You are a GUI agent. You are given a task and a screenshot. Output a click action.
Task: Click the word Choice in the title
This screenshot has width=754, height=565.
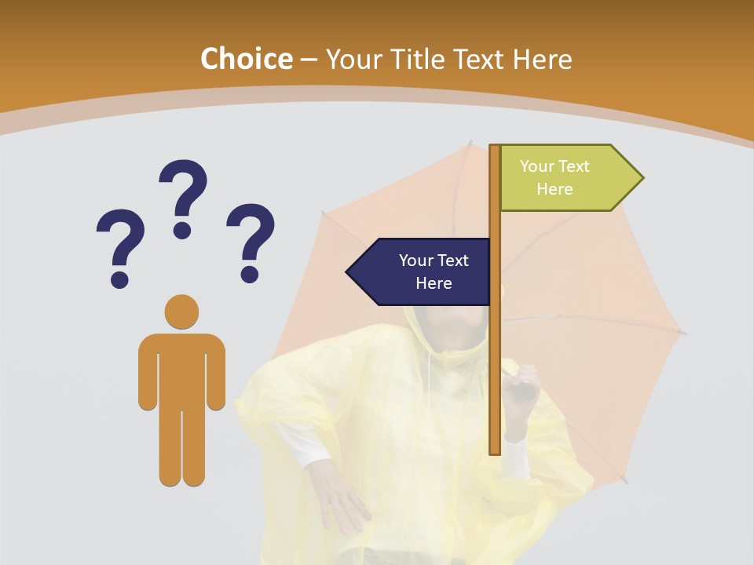246,60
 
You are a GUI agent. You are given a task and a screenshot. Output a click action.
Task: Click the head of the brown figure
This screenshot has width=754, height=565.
181,312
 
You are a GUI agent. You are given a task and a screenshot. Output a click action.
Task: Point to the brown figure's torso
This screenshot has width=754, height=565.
181,369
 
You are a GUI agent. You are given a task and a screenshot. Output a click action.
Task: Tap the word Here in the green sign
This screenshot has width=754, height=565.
555,189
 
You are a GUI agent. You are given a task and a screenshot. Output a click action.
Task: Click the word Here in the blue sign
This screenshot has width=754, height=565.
434,283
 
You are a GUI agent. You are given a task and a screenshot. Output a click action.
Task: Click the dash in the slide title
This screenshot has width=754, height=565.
309,60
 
